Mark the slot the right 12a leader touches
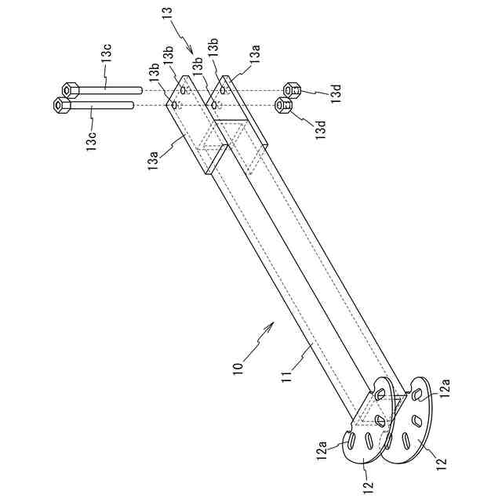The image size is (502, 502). [417, 394]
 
